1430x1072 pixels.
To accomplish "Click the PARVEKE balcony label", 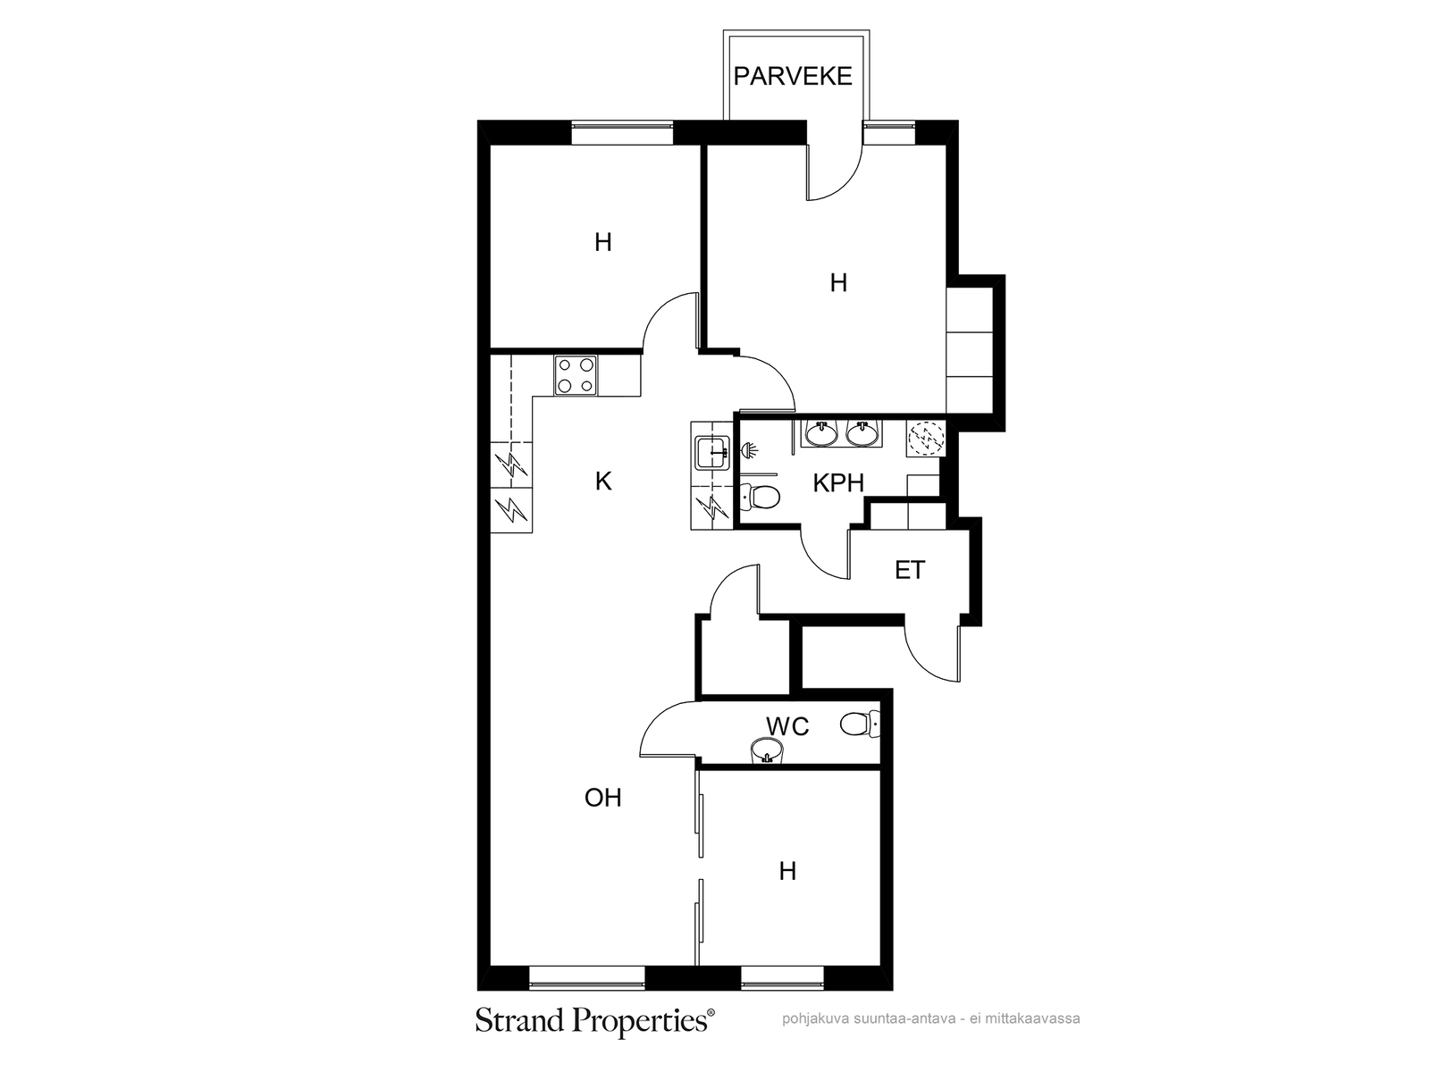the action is pos(792,76).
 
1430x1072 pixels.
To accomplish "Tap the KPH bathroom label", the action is pos(837,483).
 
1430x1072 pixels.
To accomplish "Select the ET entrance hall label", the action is pos(910,570).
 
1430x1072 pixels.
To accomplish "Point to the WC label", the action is pos(787,725).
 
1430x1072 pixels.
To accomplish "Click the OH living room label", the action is pos(602,798).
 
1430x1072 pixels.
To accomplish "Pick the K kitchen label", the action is pos(603,482).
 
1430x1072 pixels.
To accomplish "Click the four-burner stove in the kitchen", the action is pos(576,375).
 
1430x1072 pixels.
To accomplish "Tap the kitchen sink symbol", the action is pos(712,452).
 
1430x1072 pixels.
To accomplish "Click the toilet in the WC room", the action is pos(860,724).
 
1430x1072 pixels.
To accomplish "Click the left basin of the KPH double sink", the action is pos(821,433).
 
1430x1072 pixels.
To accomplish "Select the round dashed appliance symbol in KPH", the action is pos(926,438).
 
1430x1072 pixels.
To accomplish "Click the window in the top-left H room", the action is pos(622,133).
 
